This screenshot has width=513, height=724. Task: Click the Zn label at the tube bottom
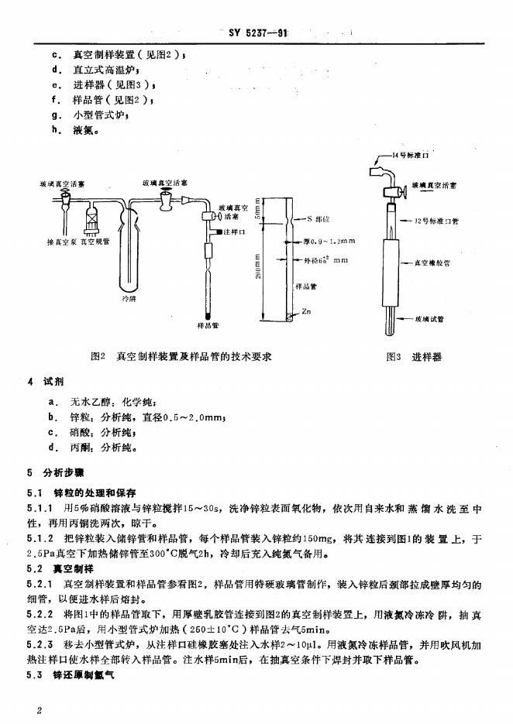point(306,311)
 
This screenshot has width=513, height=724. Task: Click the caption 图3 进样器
point(413,357)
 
